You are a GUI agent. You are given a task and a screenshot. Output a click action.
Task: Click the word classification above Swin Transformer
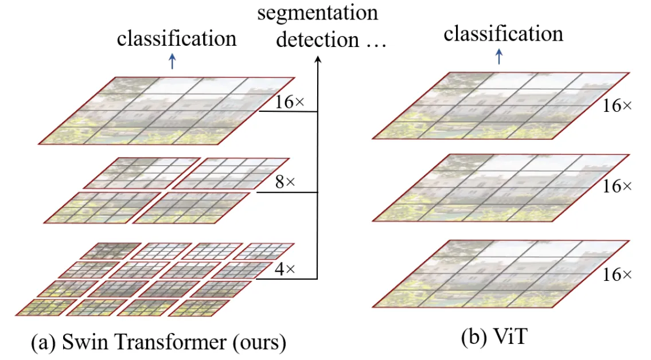(x=177, y=38)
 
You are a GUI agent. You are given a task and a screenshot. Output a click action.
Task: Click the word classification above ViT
(x=503, y=33)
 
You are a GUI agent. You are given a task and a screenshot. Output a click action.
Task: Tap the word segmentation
(x=318, y=13)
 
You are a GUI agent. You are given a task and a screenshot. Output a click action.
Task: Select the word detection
(x=318, y=40)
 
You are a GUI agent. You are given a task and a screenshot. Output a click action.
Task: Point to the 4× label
(x=285, y=269)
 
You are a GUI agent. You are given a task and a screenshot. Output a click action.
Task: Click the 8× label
(x=285, y=181)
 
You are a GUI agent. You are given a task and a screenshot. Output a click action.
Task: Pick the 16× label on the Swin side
(x=290, y=101)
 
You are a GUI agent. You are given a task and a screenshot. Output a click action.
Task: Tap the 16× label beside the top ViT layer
(x=617, y=105)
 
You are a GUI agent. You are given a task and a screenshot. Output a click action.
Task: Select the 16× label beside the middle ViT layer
(x=617, y=186)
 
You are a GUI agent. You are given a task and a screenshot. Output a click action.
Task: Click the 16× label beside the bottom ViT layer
(x=617, y=275)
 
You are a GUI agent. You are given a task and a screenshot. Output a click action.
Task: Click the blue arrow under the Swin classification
(x=172, y=61)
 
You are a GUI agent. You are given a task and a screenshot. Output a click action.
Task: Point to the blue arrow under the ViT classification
(x=499, y=56)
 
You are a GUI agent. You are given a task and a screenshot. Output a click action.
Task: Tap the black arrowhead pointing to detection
(x=318, y=59)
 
